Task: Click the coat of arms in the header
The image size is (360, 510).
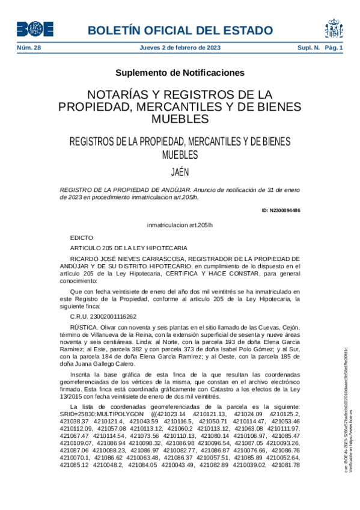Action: point(334,28)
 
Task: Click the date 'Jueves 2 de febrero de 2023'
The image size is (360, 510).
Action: point(180,48)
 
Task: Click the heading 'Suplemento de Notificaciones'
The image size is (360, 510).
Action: point(180,73)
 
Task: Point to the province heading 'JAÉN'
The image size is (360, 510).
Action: point(180,171)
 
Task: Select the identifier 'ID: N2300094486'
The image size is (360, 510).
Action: point(281,210)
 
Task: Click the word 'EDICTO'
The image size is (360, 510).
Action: point(82,238)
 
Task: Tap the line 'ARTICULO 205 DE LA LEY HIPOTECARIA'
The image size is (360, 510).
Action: point(129,248)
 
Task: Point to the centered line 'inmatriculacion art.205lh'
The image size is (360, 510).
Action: point(180,225)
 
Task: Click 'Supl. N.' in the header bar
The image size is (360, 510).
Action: point(308,48)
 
